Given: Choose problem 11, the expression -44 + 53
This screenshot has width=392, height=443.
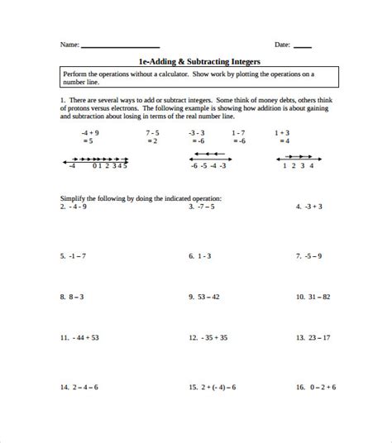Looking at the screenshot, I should pyautogui.click(x=79, y=337).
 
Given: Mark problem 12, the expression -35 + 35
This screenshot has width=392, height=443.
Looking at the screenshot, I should pyautogui.click(x=208, y=337).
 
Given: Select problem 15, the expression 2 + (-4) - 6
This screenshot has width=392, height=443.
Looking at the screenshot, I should pyautogui.click(x=213, y=386).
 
